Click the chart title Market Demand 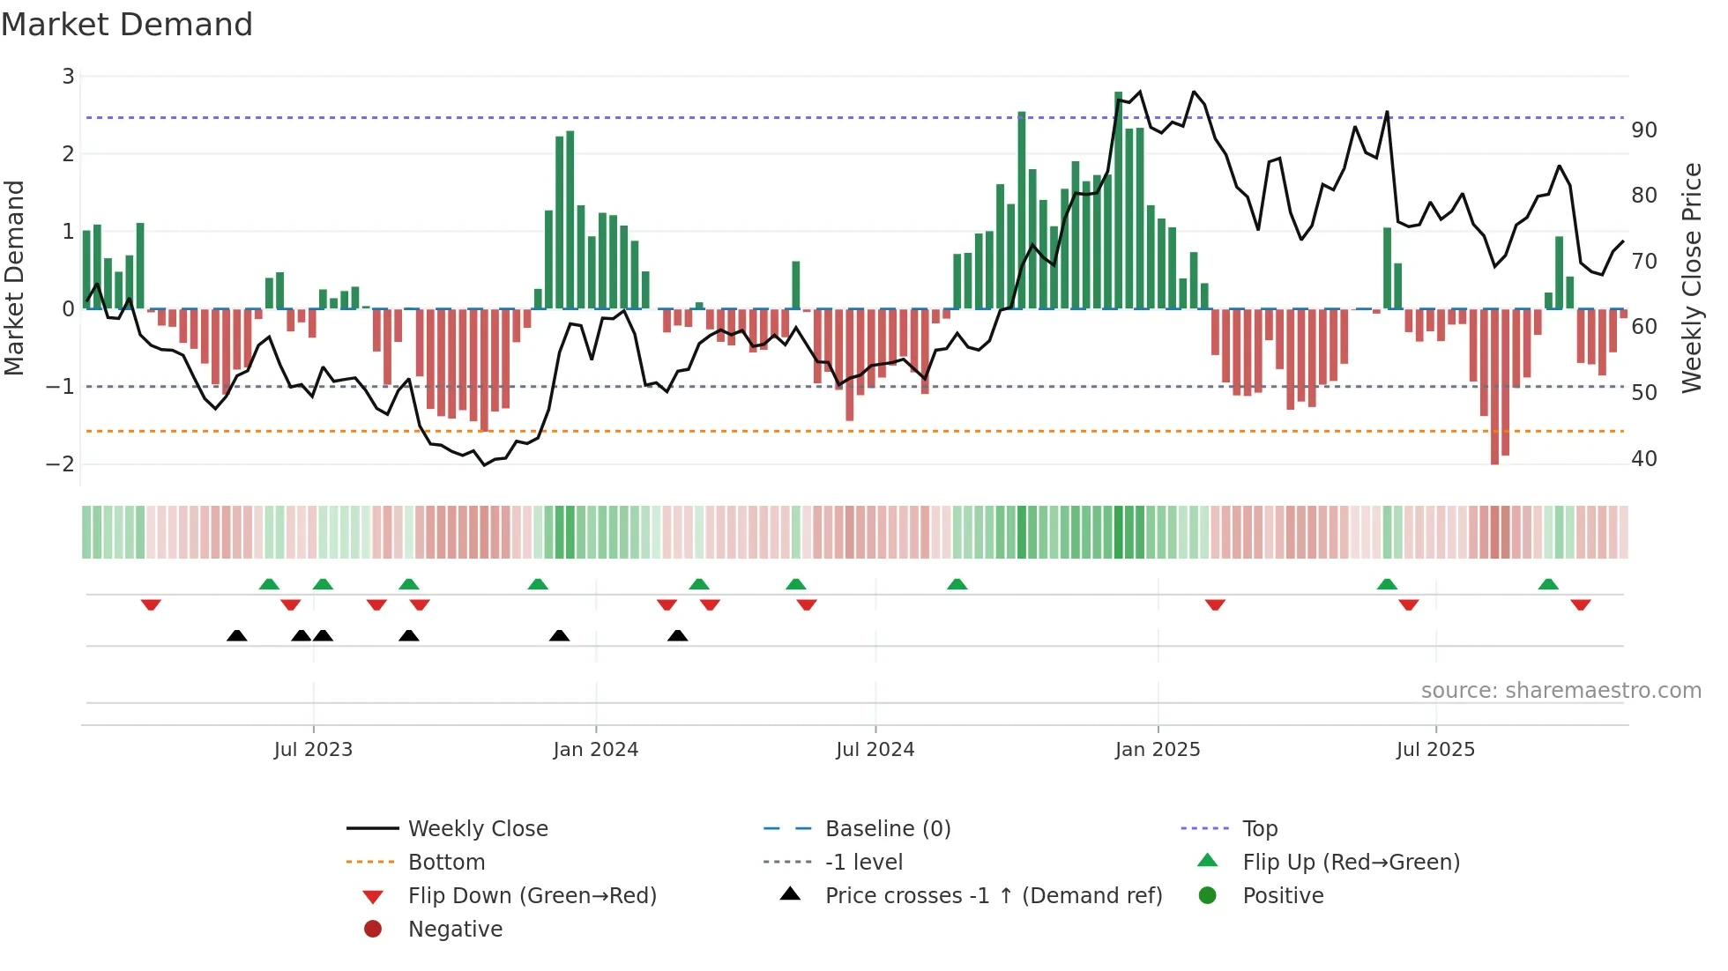coord(127,25)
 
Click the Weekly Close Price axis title coord(1691,278)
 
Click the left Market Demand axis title coord(14,278)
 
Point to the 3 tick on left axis coord(68,77)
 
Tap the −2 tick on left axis coord(61,464)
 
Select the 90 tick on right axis coord(1644,130)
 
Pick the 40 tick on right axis coord(1644,459)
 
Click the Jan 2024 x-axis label coord(595,750)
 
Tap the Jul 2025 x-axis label coord(1435,750)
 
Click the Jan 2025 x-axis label coord(1157,750)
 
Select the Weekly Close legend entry coord(477,829)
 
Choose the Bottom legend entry coord(446,863)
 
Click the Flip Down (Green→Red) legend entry coord(532,896)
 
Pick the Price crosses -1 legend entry coord(993,896)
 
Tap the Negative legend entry coord(455,930)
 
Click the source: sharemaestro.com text coord(1560,691)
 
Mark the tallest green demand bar coord(1118,201)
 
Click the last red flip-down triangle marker coord(1580,604)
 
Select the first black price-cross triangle coord(236,635)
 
